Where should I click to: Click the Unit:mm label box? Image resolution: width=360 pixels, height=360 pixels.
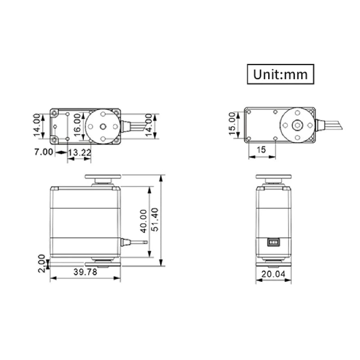pos(280,74)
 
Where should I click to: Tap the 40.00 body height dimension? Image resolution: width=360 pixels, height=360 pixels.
pos(143,221)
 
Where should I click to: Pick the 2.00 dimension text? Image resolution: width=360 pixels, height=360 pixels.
pos(42,263)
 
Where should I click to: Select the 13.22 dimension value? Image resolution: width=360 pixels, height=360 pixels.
pos(80,153)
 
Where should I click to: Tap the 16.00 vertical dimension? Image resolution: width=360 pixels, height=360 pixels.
pos(77,126)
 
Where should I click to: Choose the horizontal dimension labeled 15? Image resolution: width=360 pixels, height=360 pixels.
pos(261,150)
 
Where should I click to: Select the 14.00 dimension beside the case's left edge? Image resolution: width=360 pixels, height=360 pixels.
pos(37,126)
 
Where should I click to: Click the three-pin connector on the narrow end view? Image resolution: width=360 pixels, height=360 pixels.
pos(272,242)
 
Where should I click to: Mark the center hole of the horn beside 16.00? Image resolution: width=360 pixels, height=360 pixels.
pos(103,126)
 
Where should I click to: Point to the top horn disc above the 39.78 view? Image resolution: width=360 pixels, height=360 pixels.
pos(103,177)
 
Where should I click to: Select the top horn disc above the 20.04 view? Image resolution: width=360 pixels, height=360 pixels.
pos(274,177)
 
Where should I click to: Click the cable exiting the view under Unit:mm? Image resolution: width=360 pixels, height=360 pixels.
pos(331,125)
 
